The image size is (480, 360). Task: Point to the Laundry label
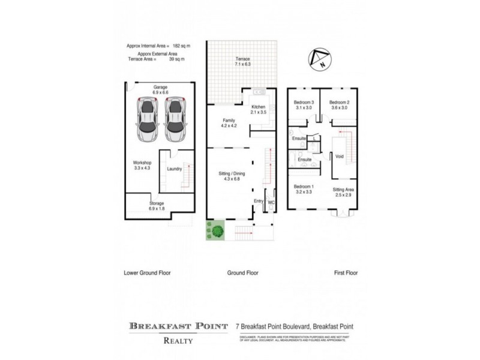tap(174, 169)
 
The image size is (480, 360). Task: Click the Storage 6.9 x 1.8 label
tap(156, 206)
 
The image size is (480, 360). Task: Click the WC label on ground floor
tap(271, 202)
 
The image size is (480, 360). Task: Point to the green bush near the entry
tap(216, 229)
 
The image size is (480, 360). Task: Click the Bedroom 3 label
tap(304, 105)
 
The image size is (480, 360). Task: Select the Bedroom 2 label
tap(339, 105)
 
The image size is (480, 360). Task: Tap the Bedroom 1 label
tap(304, 189)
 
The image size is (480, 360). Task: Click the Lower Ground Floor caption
tap(147, 272)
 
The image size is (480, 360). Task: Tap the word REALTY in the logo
tap(179, 341)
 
